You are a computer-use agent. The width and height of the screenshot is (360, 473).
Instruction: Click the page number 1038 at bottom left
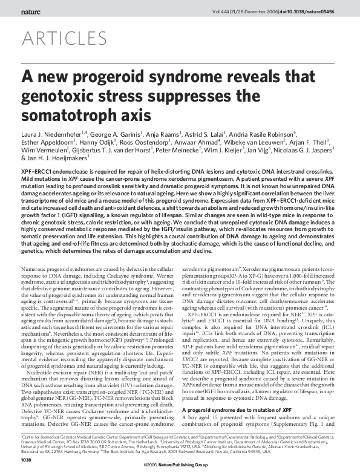(26, 460)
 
